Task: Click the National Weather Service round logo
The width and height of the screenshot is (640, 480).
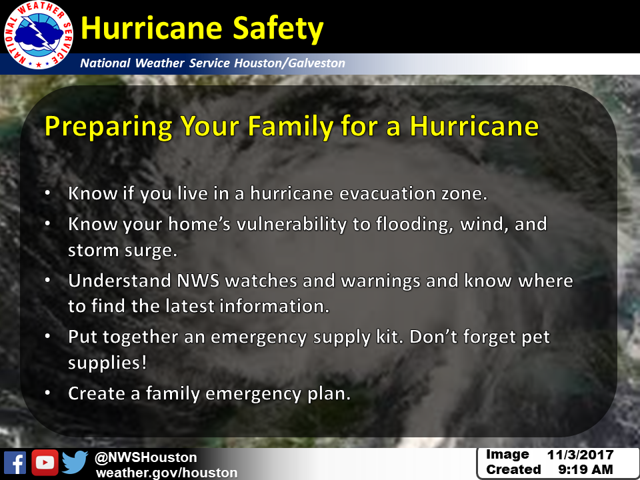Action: click(39, 35)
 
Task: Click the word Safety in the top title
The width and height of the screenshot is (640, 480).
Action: click(278, 29)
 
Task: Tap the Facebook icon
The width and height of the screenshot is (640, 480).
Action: click(15, 463)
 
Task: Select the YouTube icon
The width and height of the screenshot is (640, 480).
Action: click(45, 463)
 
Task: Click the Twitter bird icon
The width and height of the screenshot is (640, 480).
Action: click(75, 463)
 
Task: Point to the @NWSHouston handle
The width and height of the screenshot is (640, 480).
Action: click(146, 457)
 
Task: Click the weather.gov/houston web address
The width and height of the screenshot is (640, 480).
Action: click(167, 473)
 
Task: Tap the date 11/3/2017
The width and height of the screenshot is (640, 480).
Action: click(580, 455)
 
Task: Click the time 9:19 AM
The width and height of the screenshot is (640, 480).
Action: click(585, 469)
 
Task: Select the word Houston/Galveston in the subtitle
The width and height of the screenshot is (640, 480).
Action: click(289, 63)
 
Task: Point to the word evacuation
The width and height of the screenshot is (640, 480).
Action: click(387, 193)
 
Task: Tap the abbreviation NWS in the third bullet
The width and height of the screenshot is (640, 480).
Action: click(198, 281)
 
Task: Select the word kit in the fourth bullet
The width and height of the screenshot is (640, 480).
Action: click(390, 337)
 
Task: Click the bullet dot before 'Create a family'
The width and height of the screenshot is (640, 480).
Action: click(48, 393)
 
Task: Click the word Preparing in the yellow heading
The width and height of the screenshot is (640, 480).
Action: click(109, 127)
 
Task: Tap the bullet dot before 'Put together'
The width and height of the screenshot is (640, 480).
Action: click(48, 336)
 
